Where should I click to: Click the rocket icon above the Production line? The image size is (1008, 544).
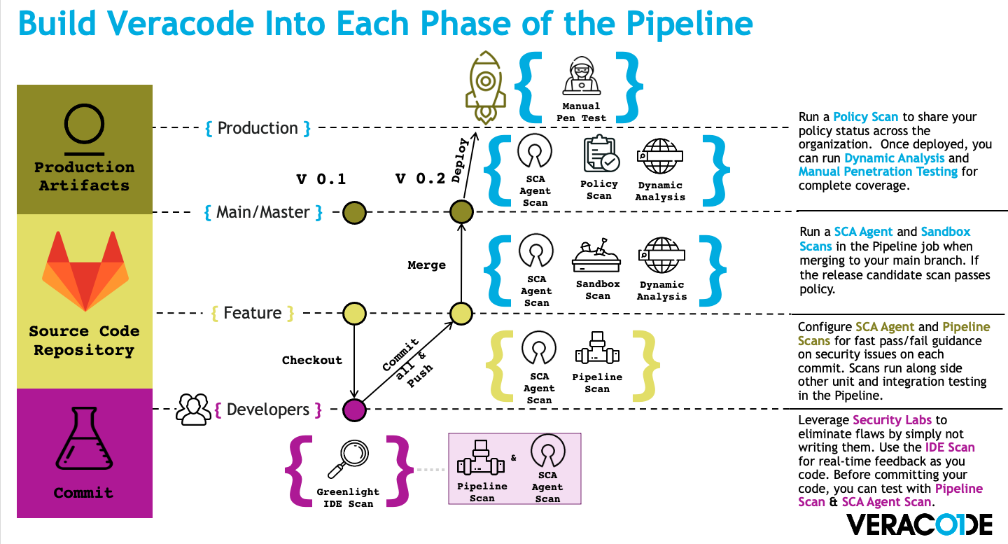485,88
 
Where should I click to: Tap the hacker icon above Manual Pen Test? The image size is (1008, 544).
582,76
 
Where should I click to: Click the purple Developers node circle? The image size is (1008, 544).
354,410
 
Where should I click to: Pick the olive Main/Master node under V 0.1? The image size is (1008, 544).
354,212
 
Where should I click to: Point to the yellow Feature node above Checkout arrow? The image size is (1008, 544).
354,313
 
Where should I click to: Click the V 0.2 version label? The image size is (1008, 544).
420,179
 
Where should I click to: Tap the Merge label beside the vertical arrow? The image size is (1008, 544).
426,265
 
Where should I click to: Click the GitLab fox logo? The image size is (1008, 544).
85,271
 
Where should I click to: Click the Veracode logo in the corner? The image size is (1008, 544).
919,524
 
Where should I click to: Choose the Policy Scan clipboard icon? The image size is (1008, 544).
601,154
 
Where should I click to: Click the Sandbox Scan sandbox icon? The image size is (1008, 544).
596,255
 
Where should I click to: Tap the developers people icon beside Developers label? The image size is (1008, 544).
193,410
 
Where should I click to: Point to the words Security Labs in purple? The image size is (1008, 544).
892,420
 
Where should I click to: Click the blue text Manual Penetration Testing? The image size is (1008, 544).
878,172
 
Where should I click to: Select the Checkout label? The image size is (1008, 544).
312,360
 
